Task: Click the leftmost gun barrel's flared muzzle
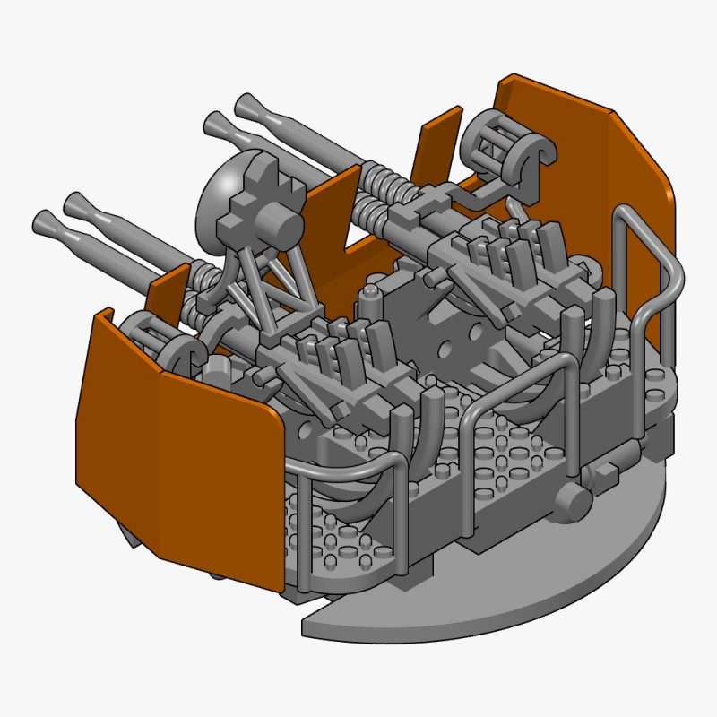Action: [45, 220]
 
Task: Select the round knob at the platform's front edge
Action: [570, 505]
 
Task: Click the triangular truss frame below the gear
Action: [269, 282]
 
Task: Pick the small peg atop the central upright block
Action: [369, 293]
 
